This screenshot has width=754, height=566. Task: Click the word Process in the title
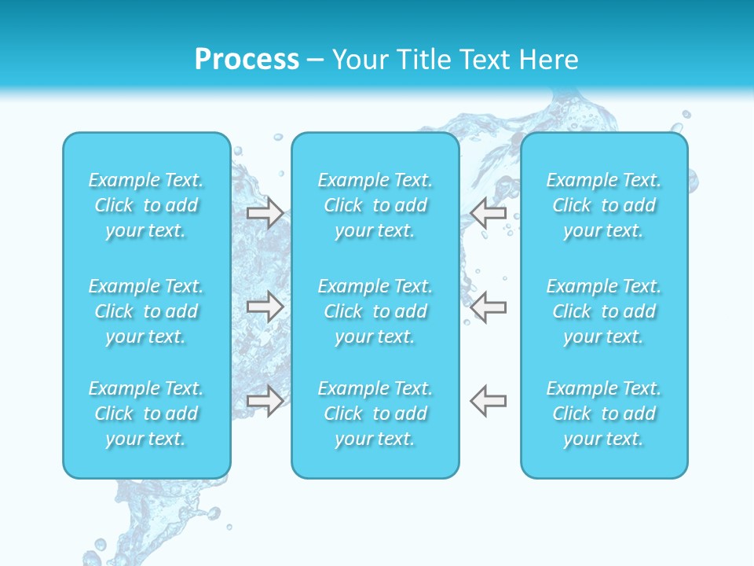(x=247, y=60)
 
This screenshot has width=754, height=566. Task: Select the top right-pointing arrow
(x=265, y=212)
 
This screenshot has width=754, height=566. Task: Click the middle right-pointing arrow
(x=265, y=307)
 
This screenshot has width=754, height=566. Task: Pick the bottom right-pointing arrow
(x=265, y=401)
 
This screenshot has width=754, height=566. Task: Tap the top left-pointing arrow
(x=488, y=212)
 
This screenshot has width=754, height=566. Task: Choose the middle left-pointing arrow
(x=488, y=307)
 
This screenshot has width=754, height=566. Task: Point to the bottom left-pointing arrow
(x=488, y=401)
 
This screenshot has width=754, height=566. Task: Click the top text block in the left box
(x=146, y=205)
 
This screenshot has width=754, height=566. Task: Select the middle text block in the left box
(x=146, y=311)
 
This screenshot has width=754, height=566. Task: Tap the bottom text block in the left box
(x=146, y=413)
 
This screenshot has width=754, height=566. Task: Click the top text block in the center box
(x=375, y=205)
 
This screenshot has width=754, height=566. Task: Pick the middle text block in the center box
(x=375, y=311)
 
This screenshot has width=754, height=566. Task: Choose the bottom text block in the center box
(x=375, y=413)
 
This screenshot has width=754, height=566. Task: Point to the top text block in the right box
(x=603, y=205)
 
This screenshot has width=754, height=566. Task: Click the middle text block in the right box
(x=603, y=311)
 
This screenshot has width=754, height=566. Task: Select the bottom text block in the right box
(x=603, y=413)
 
